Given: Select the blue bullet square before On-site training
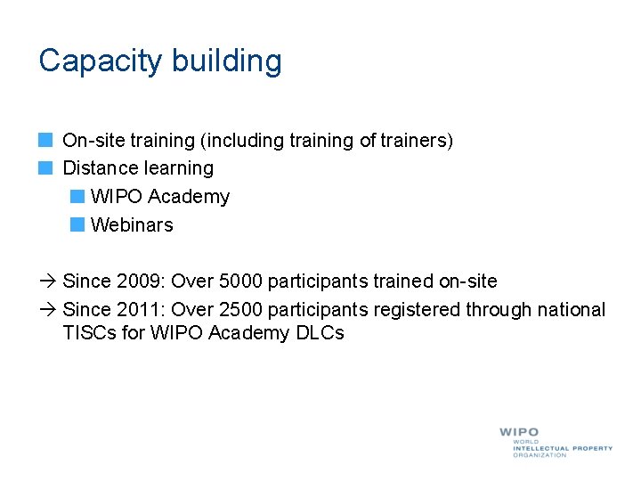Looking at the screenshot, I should pos(46,140).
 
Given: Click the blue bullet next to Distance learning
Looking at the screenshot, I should pos(46,167).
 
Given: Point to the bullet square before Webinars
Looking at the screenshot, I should pos(77,224).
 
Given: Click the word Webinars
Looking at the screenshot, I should pos(132,224).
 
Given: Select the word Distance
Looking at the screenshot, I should pos(99,167).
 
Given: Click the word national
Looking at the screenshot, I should pos(570,310).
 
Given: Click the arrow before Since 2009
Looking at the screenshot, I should pos(47,281).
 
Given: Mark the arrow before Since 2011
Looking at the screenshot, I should pos(47,310).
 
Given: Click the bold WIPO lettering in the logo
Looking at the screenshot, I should pos(519,432).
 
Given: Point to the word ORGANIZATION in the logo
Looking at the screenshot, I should pos(540,455).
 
